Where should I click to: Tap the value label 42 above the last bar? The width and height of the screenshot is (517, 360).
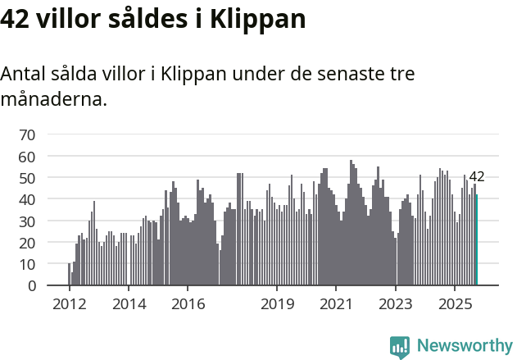(476, 176)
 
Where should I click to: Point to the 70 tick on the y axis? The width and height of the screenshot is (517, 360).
(27, 134)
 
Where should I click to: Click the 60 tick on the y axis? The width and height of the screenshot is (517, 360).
(27, 156)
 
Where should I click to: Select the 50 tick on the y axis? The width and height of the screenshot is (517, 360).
(27, 178)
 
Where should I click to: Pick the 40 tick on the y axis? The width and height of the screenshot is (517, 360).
(27, 199)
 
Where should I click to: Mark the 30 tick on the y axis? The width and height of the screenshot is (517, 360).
(27, 221)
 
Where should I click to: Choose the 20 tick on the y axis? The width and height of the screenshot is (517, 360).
(27, 243)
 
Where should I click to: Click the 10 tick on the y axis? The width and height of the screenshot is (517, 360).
(27, 264)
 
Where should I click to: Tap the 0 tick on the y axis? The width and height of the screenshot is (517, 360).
(31, 286)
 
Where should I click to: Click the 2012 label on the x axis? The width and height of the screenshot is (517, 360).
(69, 304)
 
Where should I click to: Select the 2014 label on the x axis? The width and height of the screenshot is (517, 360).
(129, 304)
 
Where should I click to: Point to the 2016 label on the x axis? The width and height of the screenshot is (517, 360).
(188, 304)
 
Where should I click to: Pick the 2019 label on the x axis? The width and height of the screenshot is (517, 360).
(277, 304)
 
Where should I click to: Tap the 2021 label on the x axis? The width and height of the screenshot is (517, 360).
(336, 304)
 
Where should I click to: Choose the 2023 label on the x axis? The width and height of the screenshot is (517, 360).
(396, 304)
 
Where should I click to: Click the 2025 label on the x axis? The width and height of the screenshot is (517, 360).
(455, 304)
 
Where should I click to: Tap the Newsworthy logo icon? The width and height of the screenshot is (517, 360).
(400, 347)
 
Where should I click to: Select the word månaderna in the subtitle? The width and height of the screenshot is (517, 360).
(53, 100)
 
